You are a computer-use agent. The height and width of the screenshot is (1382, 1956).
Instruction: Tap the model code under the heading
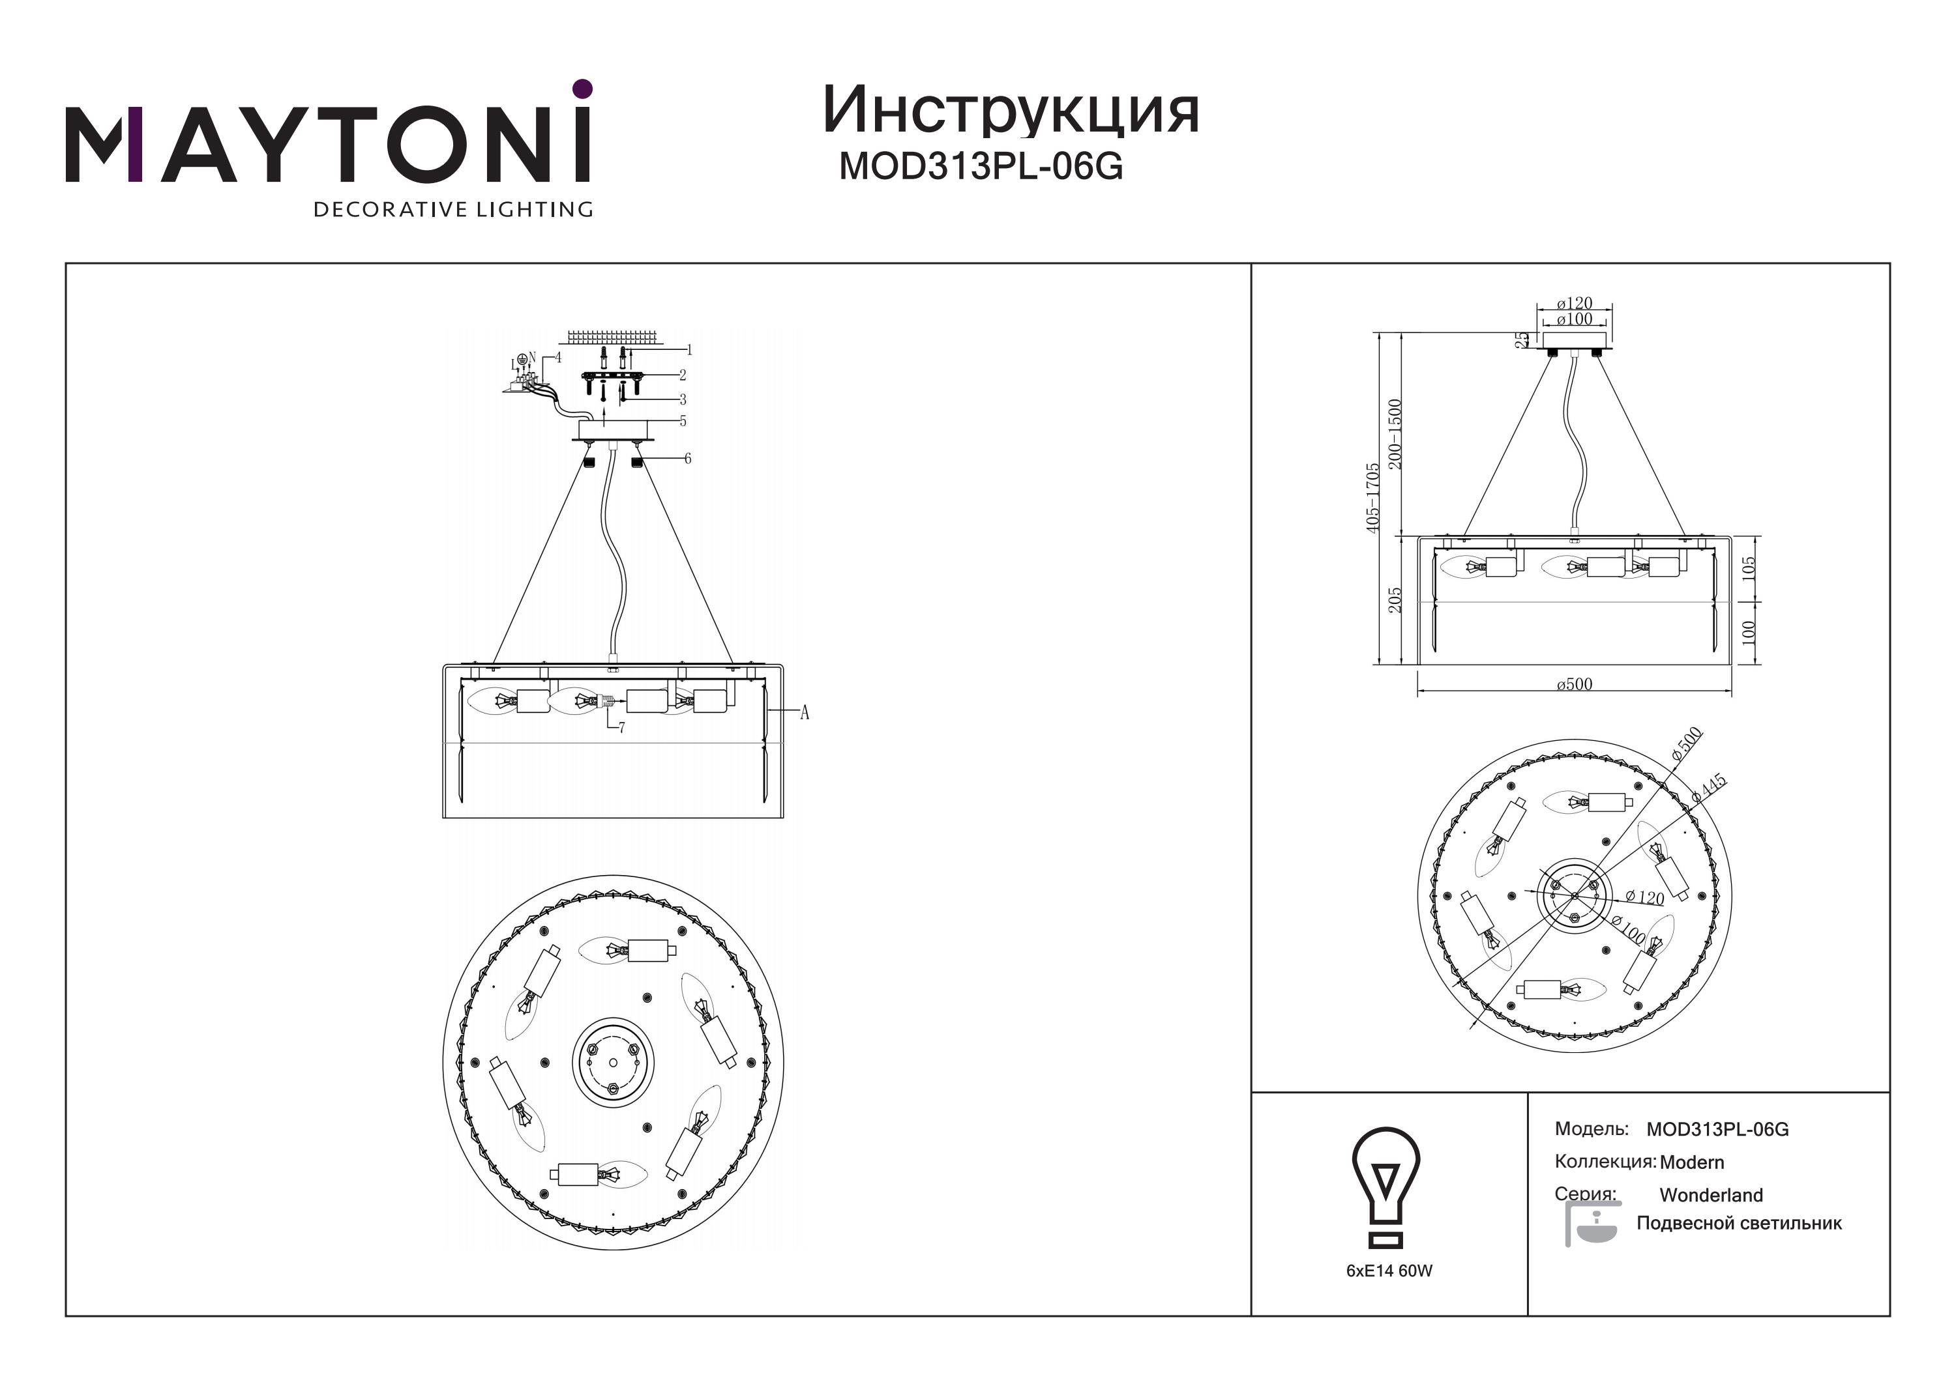pyautogui.click(x=981, y=167)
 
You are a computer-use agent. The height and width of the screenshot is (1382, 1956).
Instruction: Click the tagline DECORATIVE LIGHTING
pyautogui.click(x=453, y=209)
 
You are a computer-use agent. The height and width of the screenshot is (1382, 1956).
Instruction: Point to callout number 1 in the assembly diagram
pyautogui.click(x=689, y=349)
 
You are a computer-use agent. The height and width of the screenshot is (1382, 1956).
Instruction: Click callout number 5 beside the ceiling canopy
pyautogui.click(x=683, y=421)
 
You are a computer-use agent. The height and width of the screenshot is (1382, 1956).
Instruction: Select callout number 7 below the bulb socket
pyautogui.click(x=622, y=728)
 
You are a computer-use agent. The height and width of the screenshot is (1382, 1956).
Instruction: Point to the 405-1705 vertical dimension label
pyautogui.click(x=1372, y=498)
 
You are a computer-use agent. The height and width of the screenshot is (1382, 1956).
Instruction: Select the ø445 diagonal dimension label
pyautogui.click(x=1709, y=788)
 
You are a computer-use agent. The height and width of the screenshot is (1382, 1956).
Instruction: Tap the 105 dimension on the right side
pyautogui.click(x=1749, y=569)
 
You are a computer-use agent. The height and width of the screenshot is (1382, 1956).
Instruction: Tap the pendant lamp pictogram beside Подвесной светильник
pyautogui.click(x=1592, y=1224)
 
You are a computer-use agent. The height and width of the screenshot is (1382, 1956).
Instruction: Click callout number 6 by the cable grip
pyautogui.click(x=687, y=459)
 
